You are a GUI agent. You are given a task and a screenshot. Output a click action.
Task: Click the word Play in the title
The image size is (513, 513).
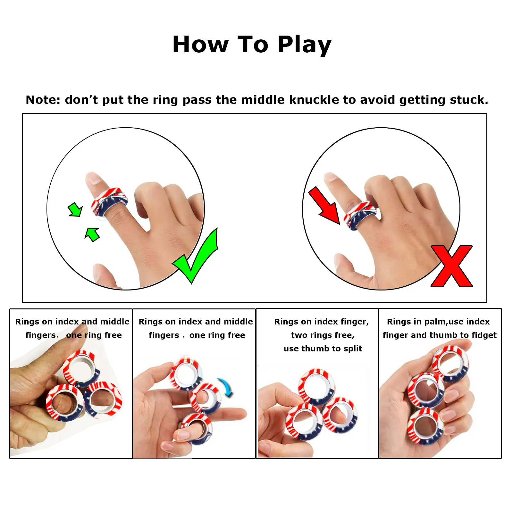tap(304, 45)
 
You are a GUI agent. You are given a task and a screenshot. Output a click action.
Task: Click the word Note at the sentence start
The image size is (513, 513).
tap(43, 100)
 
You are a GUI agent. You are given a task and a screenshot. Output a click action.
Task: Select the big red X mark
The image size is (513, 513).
tap(452, 266)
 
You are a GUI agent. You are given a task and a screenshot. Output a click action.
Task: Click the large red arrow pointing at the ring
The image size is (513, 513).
tap(324, 206)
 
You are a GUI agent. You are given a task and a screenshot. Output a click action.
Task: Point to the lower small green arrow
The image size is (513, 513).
tap(92, 234)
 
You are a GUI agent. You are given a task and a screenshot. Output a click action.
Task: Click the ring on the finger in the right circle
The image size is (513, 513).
tap(361, 215)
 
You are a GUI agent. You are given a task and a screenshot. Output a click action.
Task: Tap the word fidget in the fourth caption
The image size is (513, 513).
tap(483, 335)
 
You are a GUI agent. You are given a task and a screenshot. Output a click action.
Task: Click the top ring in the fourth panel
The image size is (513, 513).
tap(450, 364)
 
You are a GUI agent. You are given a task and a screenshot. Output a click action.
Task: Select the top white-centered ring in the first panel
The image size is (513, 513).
tap(81, 368)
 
